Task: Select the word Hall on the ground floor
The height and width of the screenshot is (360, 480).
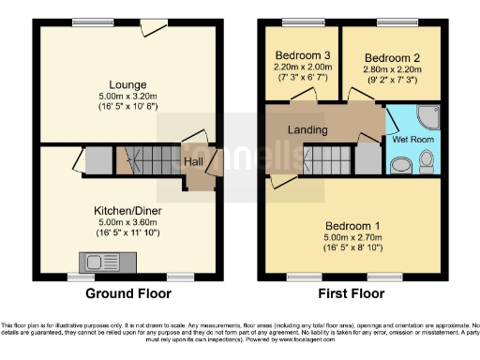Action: (x=194, y=162)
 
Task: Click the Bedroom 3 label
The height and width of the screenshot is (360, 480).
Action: (x=300, y=55)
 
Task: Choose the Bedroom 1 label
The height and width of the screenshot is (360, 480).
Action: (x=352, y=226)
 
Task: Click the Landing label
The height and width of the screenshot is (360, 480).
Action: (x=308, y=129)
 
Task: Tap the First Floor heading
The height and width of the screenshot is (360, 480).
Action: (x=352, y=293)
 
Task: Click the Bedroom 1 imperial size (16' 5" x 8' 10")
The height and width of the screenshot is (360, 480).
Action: (x=352, y=249)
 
